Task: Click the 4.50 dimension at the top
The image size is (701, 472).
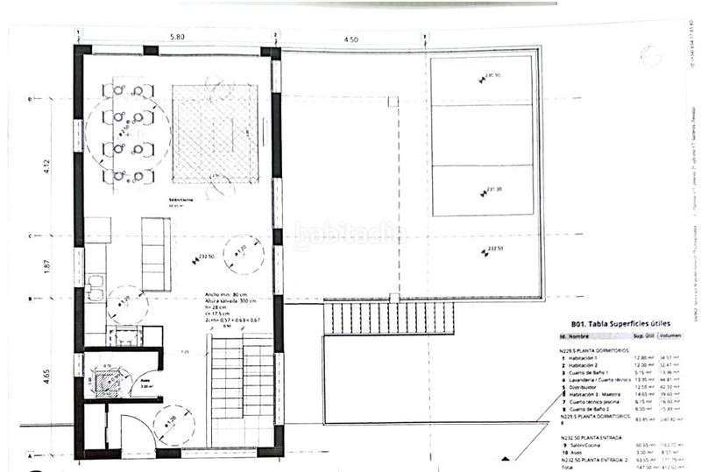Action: pos(350,39)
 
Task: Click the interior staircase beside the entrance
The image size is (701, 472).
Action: pos(244,392)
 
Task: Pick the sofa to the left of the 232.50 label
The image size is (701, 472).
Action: pos(157,255)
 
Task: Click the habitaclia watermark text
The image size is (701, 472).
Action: pos(349,235)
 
